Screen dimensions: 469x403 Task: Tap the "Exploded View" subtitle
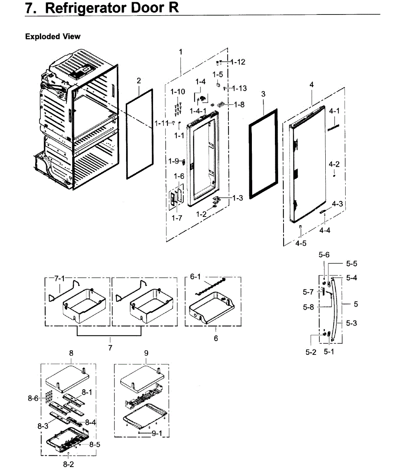coord(53,37)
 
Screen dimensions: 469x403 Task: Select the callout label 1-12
coord(238,62)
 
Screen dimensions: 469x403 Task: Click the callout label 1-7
coord(177,218)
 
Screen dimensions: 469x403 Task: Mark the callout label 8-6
coord(34,398)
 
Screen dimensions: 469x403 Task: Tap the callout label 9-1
coord(157,433)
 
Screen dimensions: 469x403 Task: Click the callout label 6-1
coord(195,277)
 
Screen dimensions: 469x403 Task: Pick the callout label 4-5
coord(301,243)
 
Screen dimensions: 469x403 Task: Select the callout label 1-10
coord(178,91)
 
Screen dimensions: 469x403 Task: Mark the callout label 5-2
coord(311,352)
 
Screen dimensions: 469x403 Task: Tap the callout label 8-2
coord(68,464)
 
